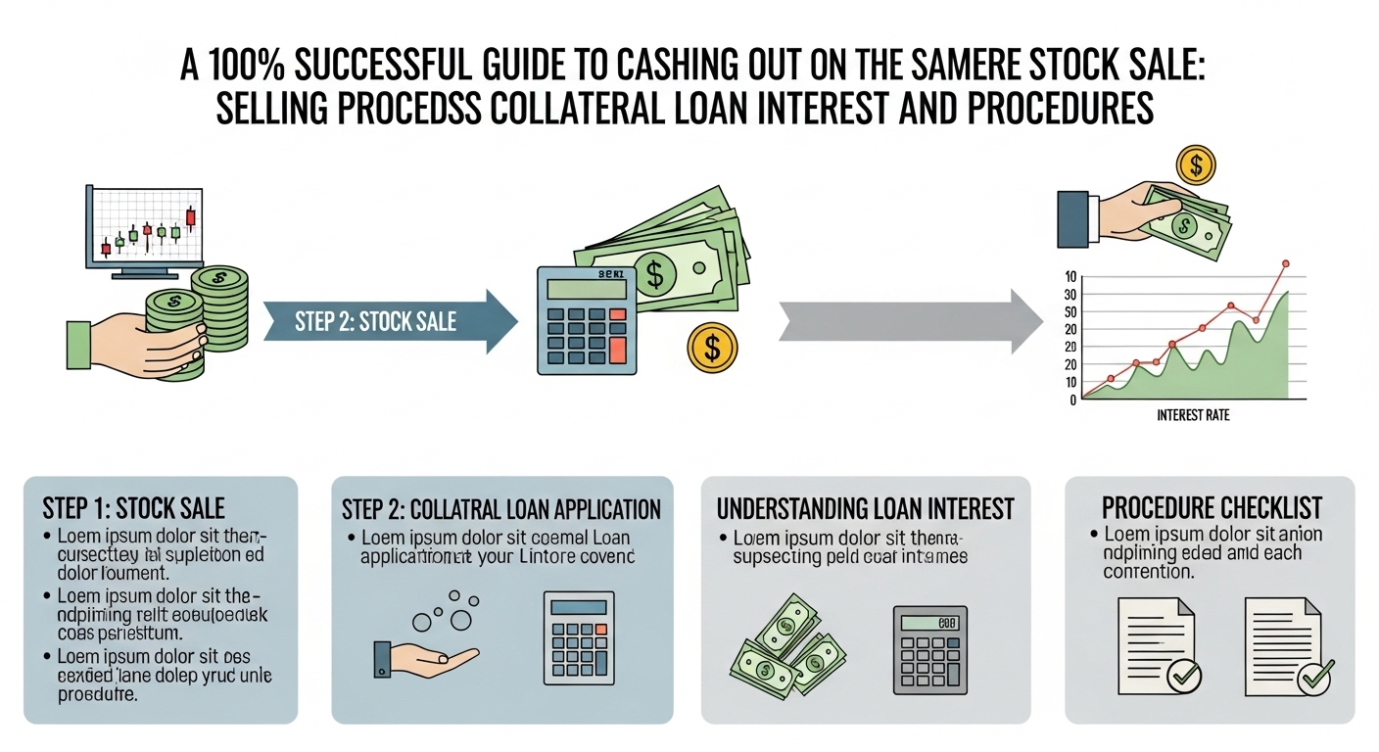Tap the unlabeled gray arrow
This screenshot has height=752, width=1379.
911,320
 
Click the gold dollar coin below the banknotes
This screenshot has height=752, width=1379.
712,347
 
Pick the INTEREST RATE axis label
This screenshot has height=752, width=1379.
1192,416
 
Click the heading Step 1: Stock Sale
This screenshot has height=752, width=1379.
134,508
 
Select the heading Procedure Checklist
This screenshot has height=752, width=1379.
1212,508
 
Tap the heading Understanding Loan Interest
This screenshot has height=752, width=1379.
865,509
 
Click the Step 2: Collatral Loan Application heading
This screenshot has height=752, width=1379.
501,509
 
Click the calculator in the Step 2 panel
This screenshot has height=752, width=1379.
578,637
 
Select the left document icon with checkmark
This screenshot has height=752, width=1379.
1160,646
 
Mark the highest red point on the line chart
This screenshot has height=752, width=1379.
1285,263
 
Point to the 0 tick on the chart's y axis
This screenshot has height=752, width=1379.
1073,399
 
